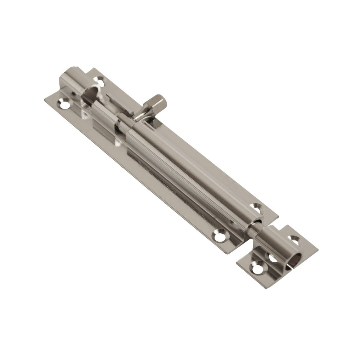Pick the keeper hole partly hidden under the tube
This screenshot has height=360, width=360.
(x=271, y=258)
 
